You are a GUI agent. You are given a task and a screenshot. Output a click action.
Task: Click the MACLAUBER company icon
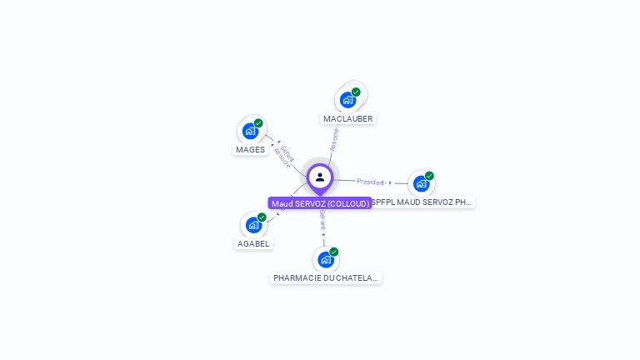[347, 100]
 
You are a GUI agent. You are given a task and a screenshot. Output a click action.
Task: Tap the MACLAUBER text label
[348, 119]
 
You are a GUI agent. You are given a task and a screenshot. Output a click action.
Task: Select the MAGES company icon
[250, 131]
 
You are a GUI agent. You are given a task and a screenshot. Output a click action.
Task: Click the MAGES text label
[250, 150]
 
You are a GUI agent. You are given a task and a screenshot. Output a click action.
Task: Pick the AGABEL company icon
[253, 225]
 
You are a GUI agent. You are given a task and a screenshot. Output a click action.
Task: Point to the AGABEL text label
[253, 244]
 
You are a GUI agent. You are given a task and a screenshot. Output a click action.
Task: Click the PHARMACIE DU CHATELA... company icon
[325, 259]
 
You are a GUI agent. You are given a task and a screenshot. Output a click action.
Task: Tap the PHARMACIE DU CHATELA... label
[325, 277]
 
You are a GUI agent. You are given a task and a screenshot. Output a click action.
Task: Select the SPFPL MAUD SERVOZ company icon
[421, 183]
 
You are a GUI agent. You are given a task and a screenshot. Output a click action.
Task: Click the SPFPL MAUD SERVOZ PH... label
[422, 202]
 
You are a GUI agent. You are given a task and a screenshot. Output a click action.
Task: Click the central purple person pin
[320, 177]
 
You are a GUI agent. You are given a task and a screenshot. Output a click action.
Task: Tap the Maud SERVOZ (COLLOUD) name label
[320, 203]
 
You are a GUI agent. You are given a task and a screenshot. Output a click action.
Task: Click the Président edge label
[371, 182]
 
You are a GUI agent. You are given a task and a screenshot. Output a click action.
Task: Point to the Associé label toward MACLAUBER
[334, 139]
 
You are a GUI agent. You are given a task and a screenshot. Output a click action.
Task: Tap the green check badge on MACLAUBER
[356, 92]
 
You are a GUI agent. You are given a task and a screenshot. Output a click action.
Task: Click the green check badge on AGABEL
[262, 217]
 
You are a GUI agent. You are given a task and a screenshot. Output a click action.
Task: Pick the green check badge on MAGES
[258, 122]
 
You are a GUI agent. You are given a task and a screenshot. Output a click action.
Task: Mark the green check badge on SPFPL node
[429, 175]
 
